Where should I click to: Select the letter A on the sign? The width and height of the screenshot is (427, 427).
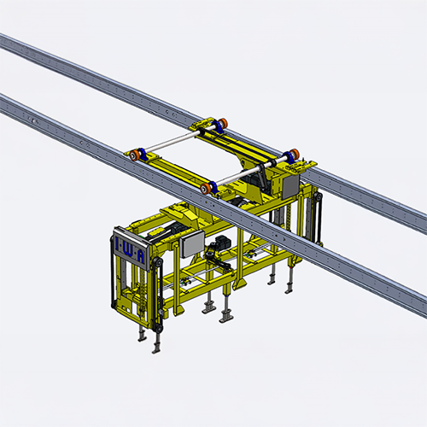141,257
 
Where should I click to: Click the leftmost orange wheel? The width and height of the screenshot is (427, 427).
133,155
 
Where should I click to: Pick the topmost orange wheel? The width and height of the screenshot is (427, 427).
223,123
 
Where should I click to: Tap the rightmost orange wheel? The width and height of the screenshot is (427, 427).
295,154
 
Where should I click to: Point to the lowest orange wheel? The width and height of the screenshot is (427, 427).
205,189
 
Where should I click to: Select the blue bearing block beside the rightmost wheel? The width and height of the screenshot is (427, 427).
288,157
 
